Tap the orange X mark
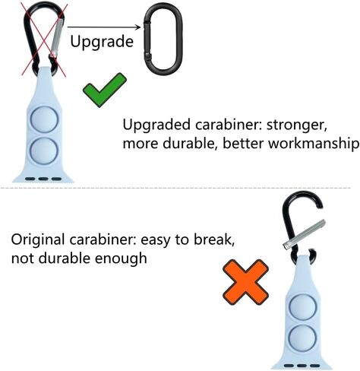(245, 282)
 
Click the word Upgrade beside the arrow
(102, 42)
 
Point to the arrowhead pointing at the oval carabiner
(138, 27)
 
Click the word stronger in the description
(296, 125)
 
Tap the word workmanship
(314, 144)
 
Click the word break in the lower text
(213, 239)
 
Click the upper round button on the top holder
(45, 120)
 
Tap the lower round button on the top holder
(45, 151)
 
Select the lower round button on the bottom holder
(302, 339)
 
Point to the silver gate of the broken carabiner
(304, 234)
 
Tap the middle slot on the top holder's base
(43, 179)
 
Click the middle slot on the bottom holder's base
(301, 366)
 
